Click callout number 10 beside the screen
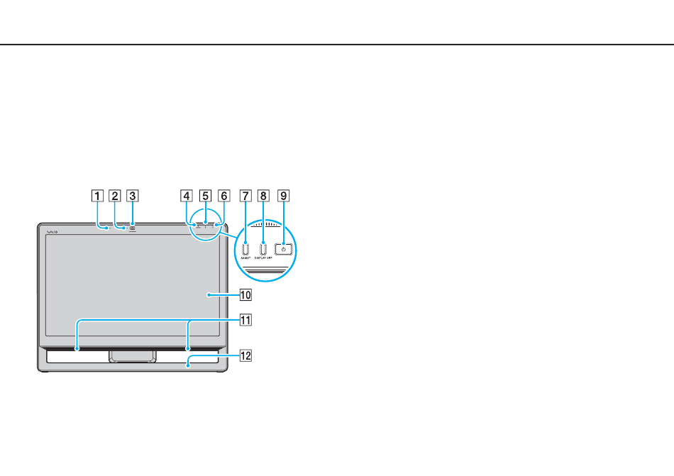click(245, 294)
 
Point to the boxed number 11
click(245, 320)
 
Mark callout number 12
click(245, 355)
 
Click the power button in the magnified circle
click(283, 249)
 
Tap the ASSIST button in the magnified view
click(245, 249)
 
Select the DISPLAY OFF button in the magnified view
click(263, 249)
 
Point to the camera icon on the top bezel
click(132, 228)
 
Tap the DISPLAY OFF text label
click(264, 259)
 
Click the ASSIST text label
click(245, 259)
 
